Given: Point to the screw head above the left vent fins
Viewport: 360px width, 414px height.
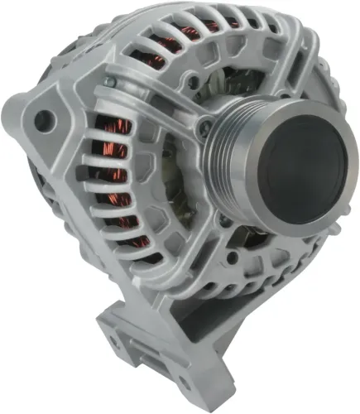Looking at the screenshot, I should (109, 83).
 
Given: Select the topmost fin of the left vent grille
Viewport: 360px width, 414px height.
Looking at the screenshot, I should (124, 103).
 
